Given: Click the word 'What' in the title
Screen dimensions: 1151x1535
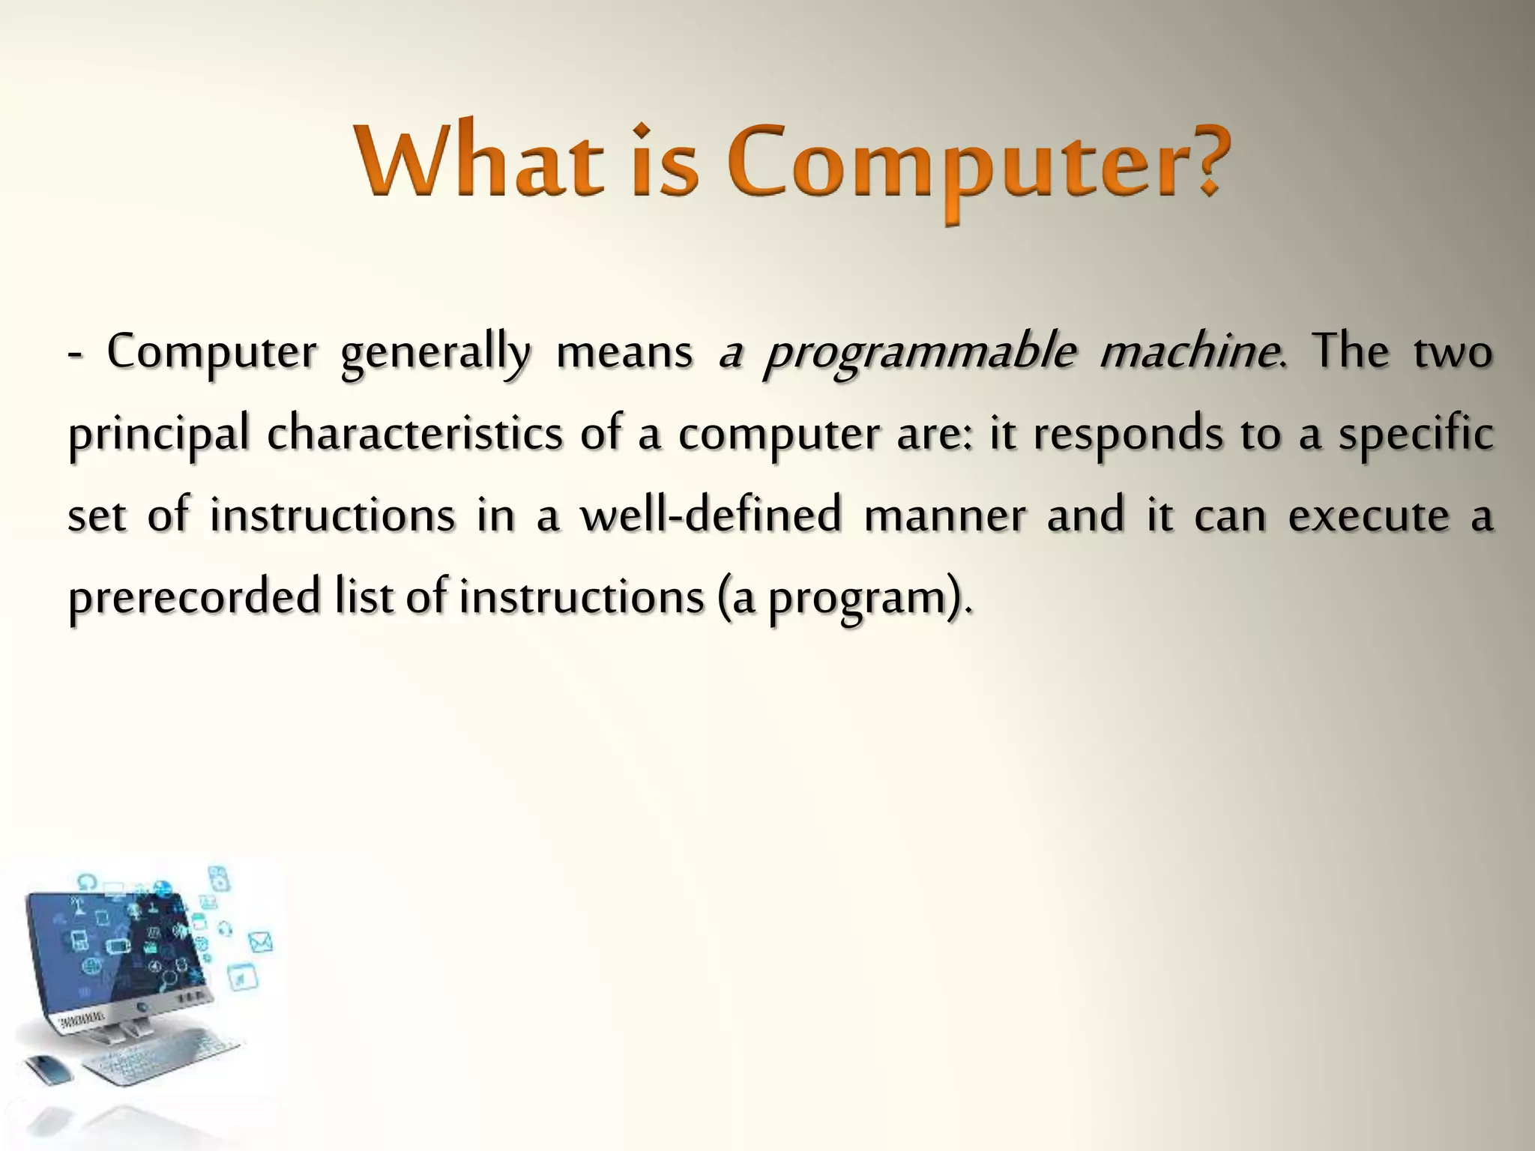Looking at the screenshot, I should (480, 160).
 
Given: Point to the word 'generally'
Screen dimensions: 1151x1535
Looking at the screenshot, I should (435, 354).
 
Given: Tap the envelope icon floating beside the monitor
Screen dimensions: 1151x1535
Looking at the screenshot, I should (259, 942).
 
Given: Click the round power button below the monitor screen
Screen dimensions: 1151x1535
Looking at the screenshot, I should (139, 1009).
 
